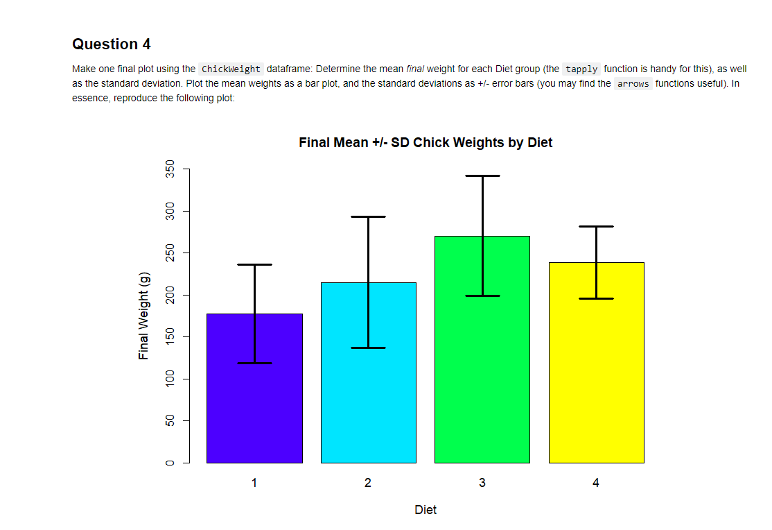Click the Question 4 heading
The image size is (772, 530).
111,44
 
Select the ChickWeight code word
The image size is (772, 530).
231,69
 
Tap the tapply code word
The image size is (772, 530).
581,69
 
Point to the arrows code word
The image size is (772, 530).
633,84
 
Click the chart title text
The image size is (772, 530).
426,143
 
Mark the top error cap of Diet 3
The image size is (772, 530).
482,176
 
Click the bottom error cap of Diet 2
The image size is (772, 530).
368,348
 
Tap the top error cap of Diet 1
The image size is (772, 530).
254,265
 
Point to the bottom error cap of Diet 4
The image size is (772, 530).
596,298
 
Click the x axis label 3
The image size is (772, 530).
482,483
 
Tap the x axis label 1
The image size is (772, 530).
254,483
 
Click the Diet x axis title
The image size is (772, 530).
426,510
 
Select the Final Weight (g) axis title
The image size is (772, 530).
144,316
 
